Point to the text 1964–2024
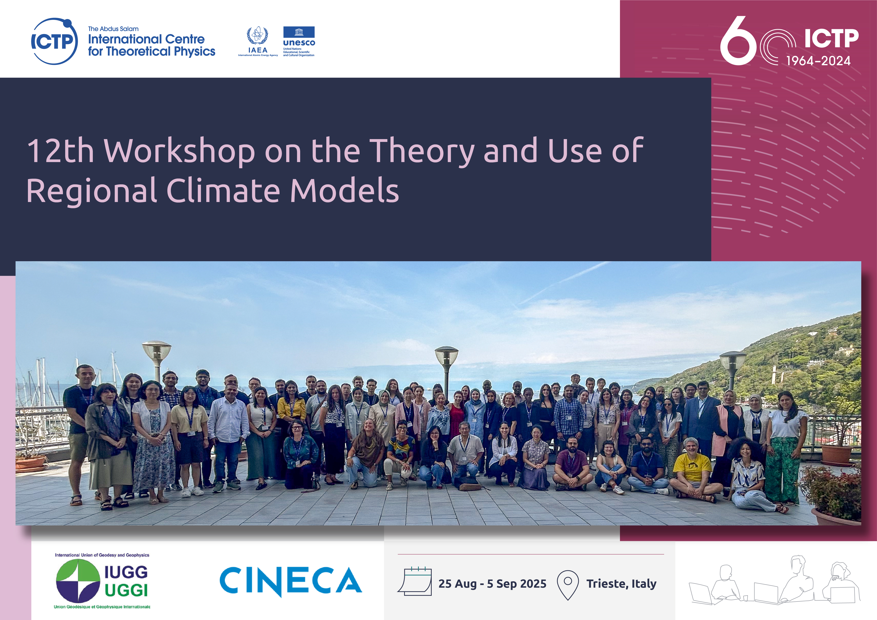click(x=818, y=61)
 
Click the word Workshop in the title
click(x=180, y=152)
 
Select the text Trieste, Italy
click(x=621, y=584)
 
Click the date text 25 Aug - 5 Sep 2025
click(x=492, y=584)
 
